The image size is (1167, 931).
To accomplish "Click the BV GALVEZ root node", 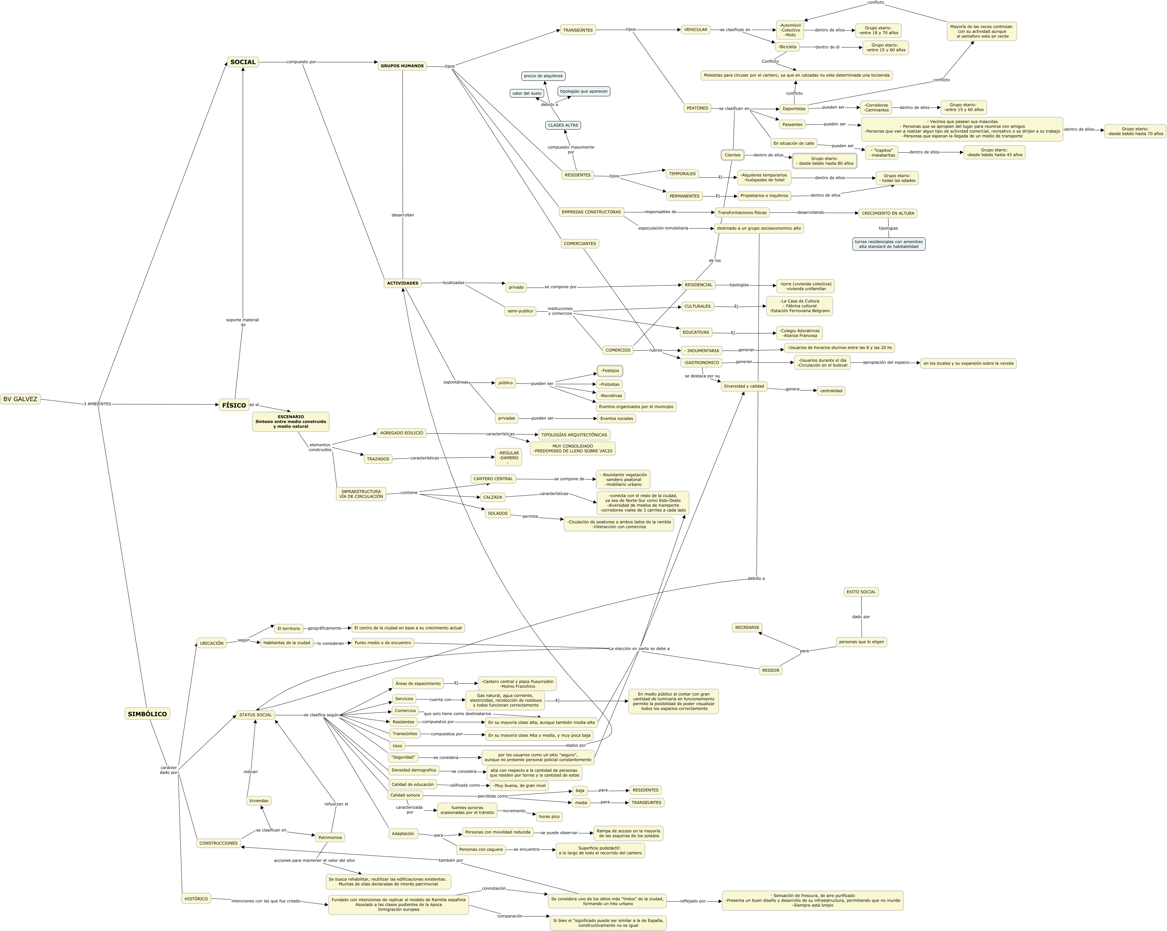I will click(20, 399).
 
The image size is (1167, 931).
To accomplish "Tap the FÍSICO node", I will click(234, 405).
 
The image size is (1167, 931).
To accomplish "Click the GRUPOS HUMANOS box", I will click(402, 66).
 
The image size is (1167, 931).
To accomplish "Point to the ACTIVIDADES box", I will click(403, 283).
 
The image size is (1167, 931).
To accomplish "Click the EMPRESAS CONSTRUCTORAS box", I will click(591, 212).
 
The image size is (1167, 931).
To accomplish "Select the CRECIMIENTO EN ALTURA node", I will click(888, 213).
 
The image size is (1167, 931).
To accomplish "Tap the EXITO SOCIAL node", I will click(861, 592).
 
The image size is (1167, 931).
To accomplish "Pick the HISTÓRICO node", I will click(196, 899).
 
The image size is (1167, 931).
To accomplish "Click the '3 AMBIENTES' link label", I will click(97, 404).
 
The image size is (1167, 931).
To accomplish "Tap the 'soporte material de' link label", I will click(242, 322).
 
